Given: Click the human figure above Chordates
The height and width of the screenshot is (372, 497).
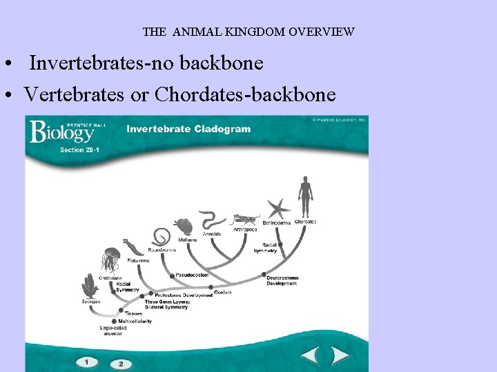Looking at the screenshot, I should [304, 197].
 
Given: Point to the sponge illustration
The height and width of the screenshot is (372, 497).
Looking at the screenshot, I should [90, 285].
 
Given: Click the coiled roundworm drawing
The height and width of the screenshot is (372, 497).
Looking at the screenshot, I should [162, 237].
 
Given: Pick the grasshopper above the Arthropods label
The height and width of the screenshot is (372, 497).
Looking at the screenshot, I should [247, 220].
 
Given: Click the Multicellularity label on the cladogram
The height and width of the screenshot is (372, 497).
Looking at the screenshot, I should [135, 321].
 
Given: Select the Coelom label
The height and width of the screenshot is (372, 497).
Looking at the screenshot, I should [222, 292].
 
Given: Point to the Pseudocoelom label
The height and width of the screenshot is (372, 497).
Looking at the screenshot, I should [192, 275].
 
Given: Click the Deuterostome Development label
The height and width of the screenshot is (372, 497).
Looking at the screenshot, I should [282, 280].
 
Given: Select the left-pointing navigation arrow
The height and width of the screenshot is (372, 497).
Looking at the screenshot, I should [309, 356].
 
